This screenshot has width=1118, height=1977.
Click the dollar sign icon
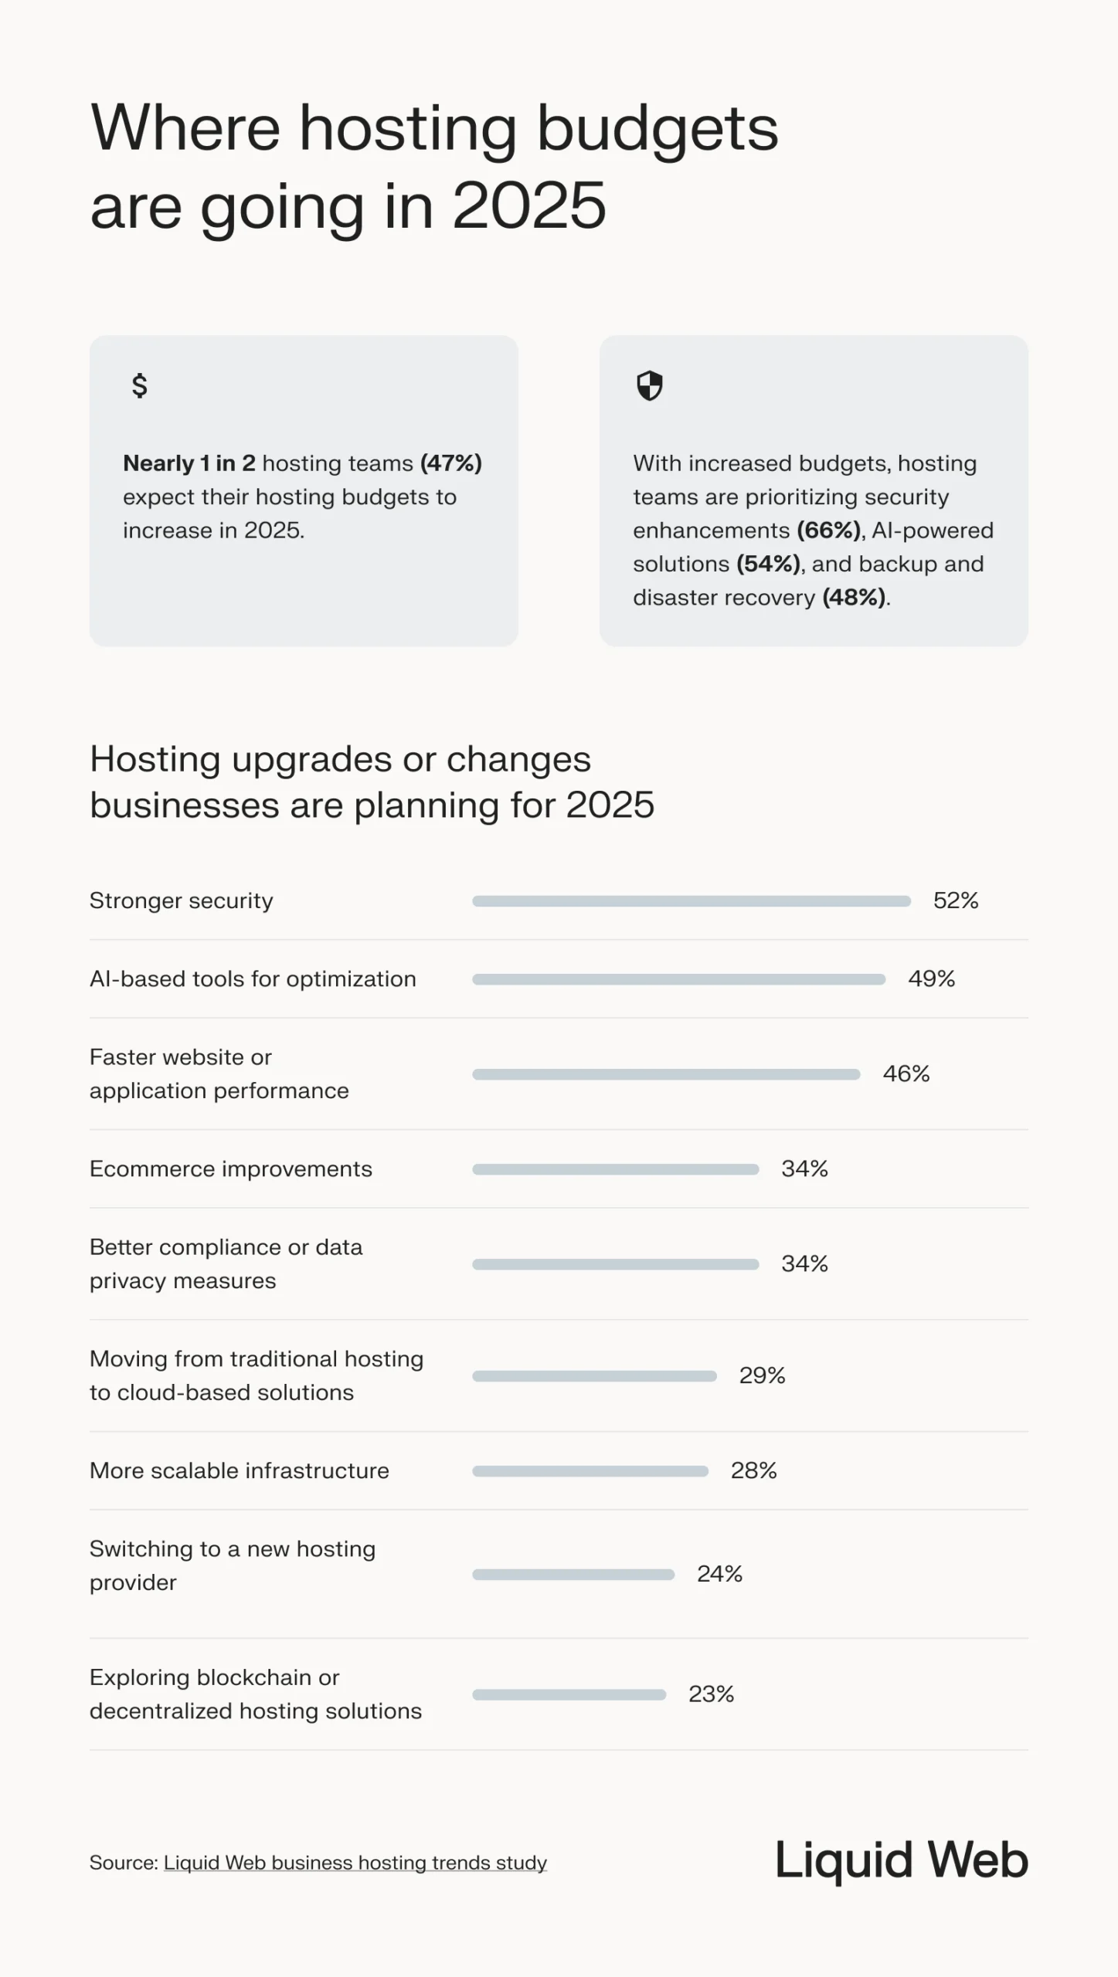[139, 385]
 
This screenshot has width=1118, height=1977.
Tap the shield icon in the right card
[649, 385]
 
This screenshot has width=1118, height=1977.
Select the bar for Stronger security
[692, 900]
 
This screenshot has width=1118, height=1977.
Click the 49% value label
[931, 979]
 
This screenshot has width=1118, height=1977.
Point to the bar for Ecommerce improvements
[615, 1169]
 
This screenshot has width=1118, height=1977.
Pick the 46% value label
[906, 1074]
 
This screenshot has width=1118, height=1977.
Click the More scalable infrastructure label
[240, 1470]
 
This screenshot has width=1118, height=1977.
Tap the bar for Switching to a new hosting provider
[573, 1574]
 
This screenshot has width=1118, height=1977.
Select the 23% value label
[711, 1694]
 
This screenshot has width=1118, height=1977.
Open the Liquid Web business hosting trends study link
[355, 1863]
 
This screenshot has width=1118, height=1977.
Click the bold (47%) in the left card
[450, 463]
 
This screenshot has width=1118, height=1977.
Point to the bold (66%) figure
[828, 531]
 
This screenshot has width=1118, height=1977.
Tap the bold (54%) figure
[768, 564]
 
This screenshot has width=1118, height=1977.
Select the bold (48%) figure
[854, 598]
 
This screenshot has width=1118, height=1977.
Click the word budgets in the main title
[657, 128]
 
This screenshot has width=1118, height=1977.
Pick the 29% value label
[762, 1375]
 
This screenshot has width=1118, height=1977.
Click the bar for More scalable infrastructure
[590, 1471]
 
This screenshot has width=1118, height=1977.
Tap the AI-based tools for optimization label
[253, 979]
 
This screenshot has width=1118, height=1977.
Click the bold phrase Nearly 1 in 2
[189, 463]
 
